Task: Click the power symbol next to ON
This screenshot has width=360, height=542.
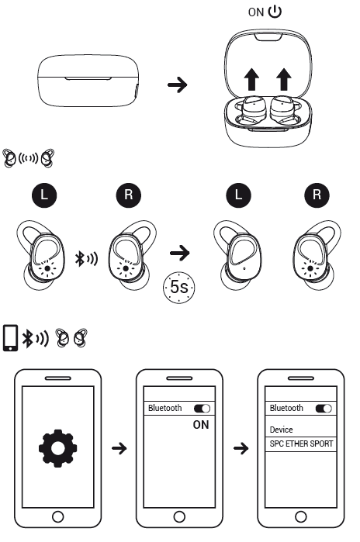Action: click(275, 12)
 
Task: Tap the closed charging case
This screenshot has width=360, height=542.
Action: click(88, 81)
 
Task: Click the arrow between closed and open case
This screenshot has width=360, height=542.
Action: click(178, 85)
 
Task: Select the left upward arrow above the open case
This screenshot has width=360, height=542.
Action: click(251, 80)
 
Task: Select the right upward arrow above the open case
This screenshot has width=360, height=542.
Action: click(284, 80)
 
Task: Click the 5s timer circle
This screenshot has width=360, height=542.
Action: click(178, 287)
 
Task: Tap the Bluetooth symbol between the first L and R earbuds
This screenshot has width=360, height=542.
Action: click(80, 258)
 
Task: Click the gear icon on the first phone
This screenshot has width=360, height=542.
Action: click(57, 448)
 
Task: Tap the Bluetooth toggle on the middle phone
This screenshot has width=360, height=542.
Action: click(202, 409)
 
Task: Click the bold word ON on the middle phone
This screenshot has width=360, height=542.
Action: click(201, 425)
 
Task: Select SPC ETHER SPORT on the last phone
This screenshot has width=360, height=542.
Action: click(301, 444)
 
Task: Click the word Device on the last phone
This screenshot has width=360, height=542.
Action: click(281, 430)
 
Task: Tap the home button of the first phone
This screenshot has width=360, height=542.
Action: click(57, 517)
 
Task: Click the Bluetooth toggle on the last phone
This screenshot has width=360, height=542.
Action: click(324, 409)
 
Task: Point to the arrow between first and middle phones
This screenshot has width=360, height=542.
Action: click(119, 449)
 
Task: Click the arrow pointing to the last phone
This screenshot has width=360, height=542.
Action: click(241, 449)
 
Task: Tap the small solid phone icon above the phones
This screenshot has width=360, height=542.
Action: click(10, 338)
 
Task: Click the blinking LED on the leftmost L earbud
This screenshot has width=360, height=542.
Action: click(47, 268)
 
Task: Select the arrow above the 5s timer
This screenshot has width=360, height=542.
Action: click(180, 253)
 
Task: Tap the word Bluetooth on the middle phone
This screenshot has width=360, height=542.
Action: click(165, 408)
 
